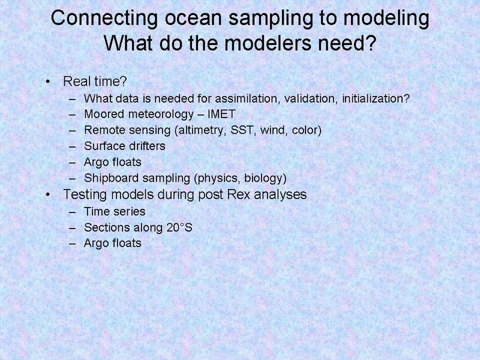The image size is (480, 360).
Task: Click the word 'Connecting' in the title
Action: tap(104, 19)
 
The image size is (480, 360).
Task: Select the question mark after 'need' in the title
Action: tap(371, 43)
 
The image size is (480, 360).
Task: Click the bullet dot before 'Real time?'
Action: tap(48, 82)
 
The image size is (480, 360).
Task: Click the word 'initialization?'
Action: tap(376, 98)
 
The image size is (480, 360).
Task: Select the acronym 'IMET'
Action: tap(221, 114)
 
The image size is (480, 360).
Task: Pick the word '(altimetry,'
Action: tap(200, 130)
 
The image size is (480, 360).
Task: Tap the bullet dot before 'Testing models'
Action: tap(48, 194)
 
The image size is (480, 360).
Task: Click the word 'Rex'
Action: tap(239, 194)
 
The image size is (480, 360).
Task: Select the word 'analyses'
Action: tap(280, 195)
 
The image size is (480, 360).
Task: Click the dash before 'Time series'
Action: tap(73, 212)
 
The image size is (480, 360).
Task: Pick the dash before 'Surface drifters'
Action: tap(73, 146)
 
